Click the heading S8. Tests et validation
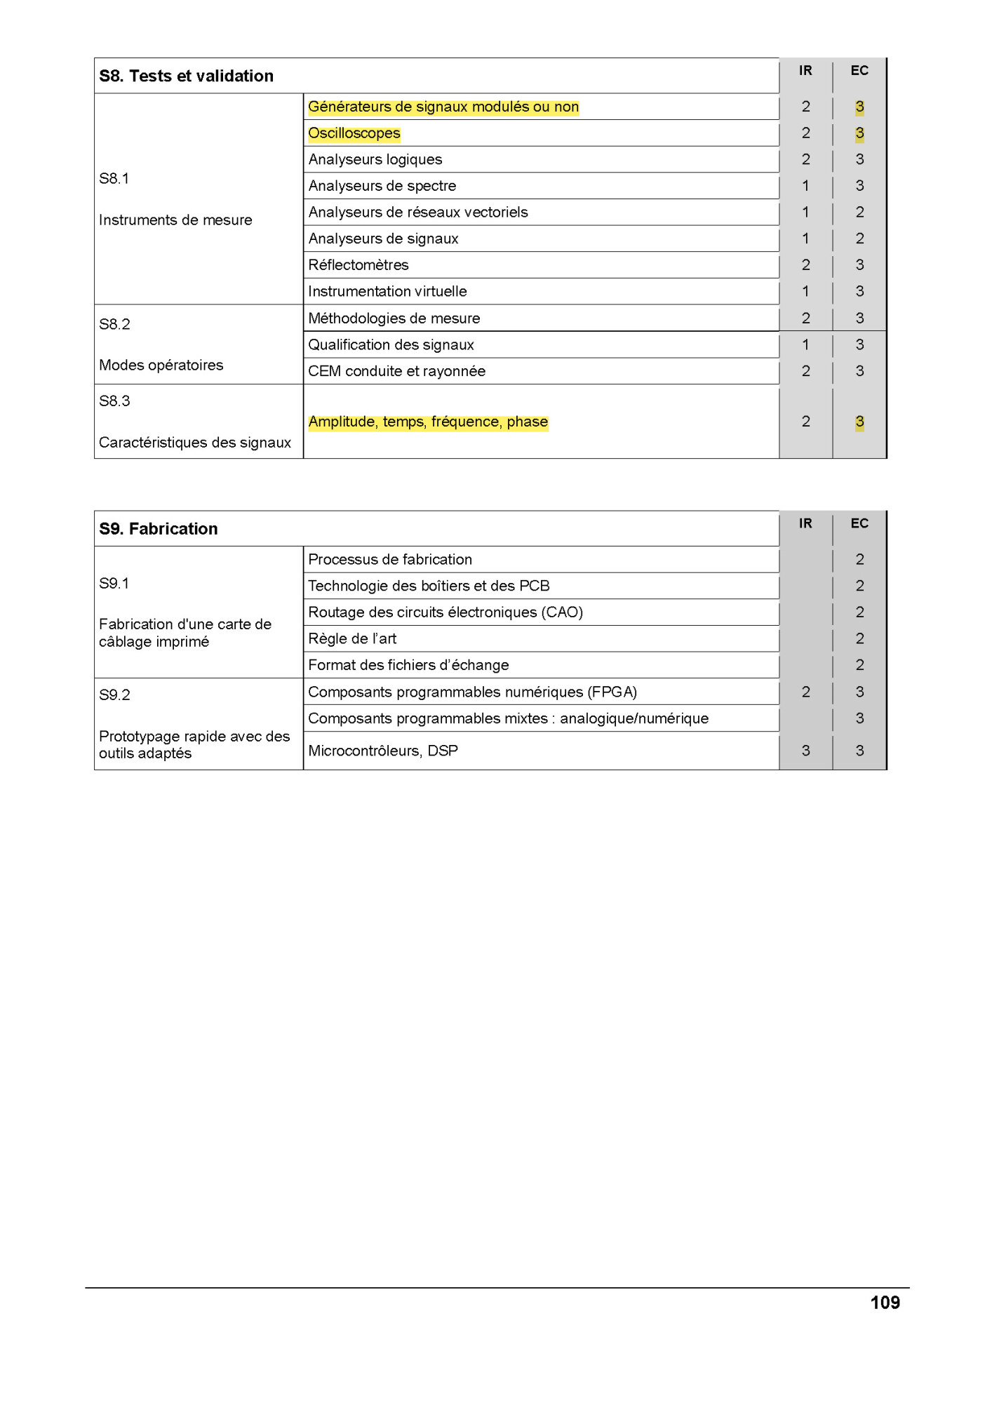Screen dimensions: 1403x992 (186, 76)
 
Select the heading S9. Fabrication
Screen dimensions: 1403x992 (159, 529)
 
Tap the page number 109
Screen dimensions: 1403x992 (885, 1303)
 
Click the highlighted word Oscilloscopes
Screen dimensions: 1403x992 (354, 133)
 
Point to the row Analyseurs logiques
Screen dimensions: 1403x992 (375, 159)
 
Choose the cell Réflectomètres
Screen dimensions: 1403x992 (358, 265)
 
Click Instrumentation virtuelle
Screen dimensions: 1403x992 (387, 291)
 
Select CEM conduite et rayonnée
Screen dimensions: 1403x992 (396, 371)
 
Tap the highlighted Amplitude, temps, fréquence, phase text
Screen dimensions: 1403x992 (428, 422)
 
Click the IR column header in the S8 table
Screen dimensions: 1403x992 (805, 71)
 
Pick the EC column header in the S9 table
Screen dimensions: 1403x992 (859, 523)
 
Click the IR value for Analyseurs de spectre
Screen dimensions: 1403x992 (805, 186)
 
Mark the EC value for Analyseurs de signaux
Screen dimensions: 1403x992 (859, 239)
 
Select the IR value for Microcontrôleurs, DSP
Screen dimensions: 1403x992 (805, 751)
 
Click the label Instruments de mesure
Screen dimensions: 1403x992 (175, 220)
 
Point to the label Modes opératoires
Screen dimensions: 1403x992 (161, 365)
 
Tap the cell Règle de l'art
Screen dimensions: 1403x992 (352, 638)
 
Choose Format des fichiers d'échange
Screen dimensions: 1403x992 (408, 665)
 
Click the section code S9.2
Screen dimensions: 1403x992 (114, 694)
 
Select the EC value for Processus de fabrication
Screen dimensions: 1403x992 (859, 559)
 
